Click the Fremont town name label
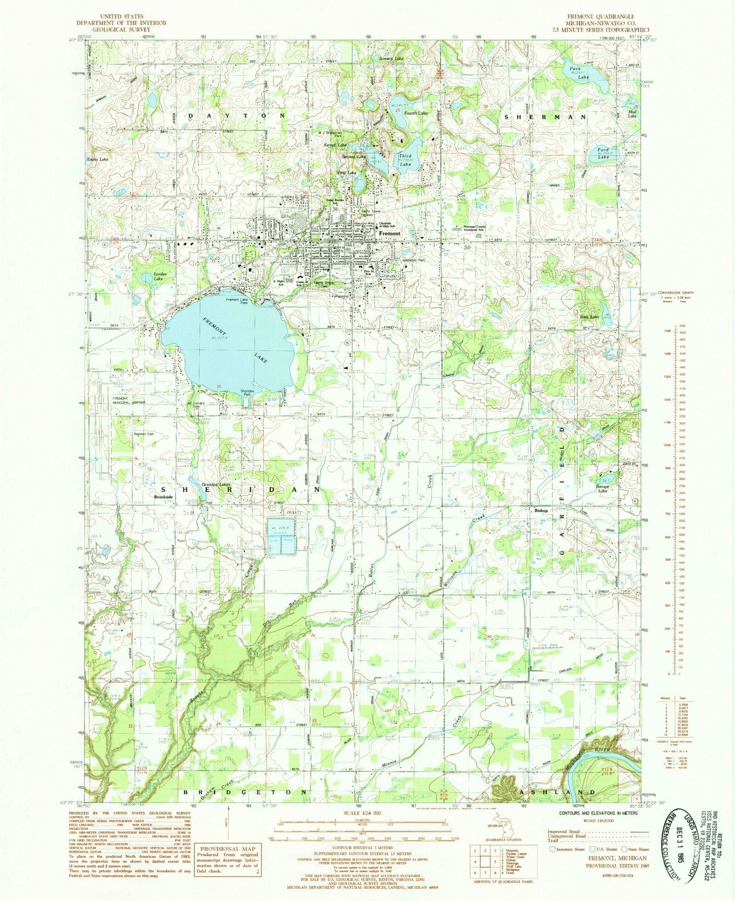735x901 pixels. point(389,234)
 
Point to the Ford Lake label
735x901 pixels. point(603,153)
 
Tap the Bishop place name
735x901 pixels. point(541,511)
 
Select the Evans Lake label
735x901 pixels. point(97,159)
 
